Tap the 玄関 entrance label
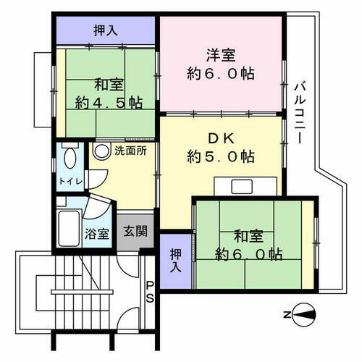point(134,233)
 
